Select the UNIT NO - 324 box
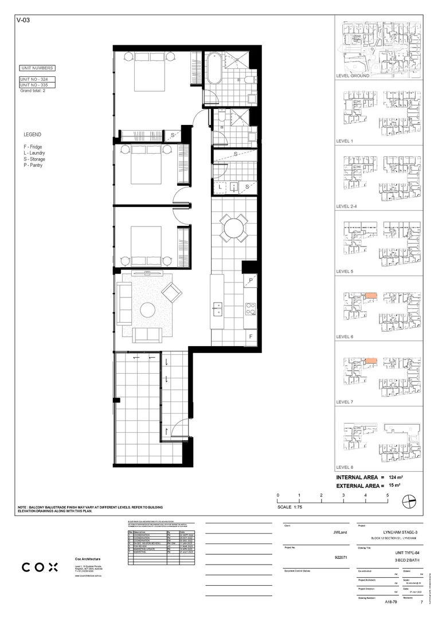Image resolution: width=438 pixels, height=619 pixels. tap(37, 79)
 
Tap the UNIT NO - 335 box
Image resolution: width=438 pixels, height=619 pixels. tap(37, 85)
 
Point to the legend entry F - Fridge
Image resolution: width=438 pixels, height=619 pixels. tap(33, 147)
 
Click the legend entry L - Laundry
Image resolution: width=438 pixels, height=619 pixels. tap(34, 153)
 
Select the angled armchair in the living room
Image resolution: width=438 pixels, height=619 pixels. tap(172, 293)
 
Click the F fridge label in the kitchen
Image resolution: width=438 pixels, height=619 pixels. tap(251, 336)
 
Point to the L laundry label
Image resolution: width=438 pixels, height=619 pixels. tap(219, 187)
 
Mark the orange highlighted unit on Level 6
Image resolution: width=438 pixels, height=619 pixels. tap(371, 296)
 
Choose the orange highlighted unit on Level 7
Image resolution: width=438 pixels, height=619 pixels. tap(371, 361)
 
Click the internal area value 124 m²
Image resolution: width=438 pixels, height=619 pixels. tap(395, 477)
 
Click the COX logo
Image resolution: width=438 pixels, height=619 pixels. tap(40, 567)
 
